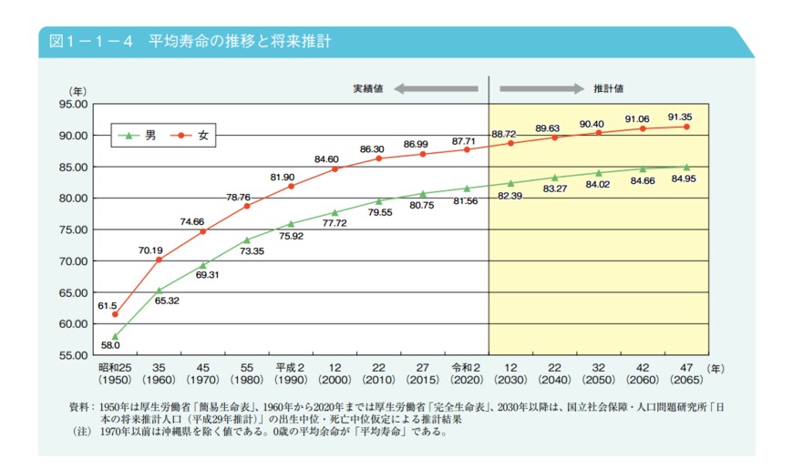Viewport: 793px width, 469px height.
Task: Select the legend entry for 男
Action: pyautogui.click(x=139, y=136)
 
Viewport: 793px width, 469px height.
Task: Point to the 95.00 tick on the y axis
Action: pyautogui.click(x=74, y=104)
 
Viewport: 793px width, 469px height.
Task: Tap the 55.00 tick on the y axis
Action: pyautogui.click(x=74, y=355)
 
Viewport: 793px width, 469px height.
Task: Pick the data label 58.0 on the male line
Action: pyautogui.click(x=110, y=347)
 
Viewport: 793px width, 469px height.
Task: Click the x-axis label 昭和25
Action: pyautogui.click(x=115, y=367)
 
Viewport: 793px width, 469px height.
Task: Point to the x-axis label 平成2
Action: pyautogui.click(x=289, y=367)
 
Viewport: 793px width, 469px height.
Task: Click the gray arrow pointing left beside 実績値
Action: pyautogui.click(x=435, y=88)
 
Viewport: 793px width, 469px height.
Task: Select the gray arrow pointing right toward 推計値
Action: pyautogui.click(x=541, y=88)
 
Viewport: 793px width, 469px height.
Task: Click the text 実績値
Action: pyautogui.click(x=368, y=89)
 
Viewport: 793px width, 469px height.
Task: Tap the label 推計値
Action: pyautogui.click(x=608, y=89)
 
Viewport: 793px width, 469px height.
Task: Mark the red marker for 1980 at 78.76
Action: pyautogui.click(x=247, y=206)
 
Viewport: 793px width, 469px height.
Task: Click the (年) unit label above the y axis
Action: pyautogui.click(x=77, y=90)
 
